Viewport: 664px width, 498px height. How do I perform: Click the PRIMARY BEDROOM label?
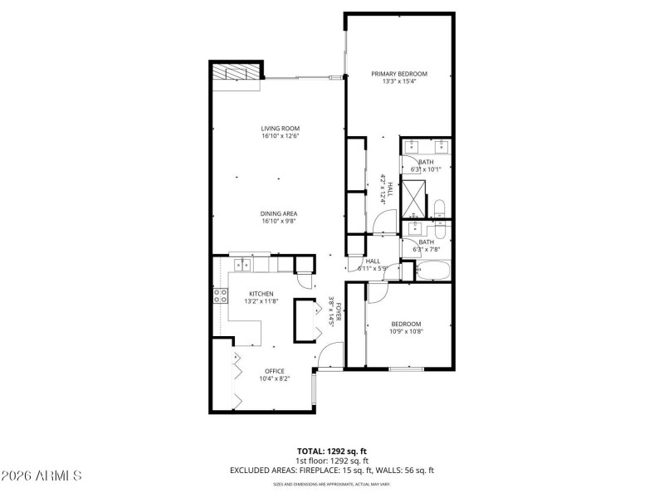coord(398,74)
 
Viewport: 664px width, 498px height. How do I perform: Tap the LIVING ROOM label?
coord(280,128)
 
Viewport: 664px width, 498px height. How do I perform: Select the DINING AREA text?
coord(280,213)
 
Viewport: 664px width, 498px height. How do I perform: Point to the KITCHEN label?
coord(261,294)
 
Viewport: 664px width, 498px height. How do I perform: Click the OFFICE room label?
coord(275,371)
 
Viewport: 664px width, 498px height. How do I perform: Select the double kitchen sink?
coord(242,266)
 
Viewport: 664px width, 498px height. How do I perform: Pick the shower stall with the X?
coord(413,198)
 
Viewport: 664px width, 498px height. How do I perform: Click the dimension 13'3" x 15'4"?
coord(398,82)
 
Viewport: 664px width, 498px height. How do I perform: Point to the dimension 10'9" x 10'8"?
coord(407,332)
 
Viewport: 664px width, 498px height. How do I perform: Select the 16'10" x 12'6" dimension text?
coord(280,136)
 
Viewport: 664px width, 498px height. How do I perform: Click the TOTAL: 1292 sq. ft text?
coord(332,451)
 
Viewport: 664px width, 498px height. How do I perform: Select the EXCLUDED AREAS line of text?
coord(332,471)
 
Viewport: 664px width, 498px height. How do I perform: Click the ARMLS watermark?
coord(41,476)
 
